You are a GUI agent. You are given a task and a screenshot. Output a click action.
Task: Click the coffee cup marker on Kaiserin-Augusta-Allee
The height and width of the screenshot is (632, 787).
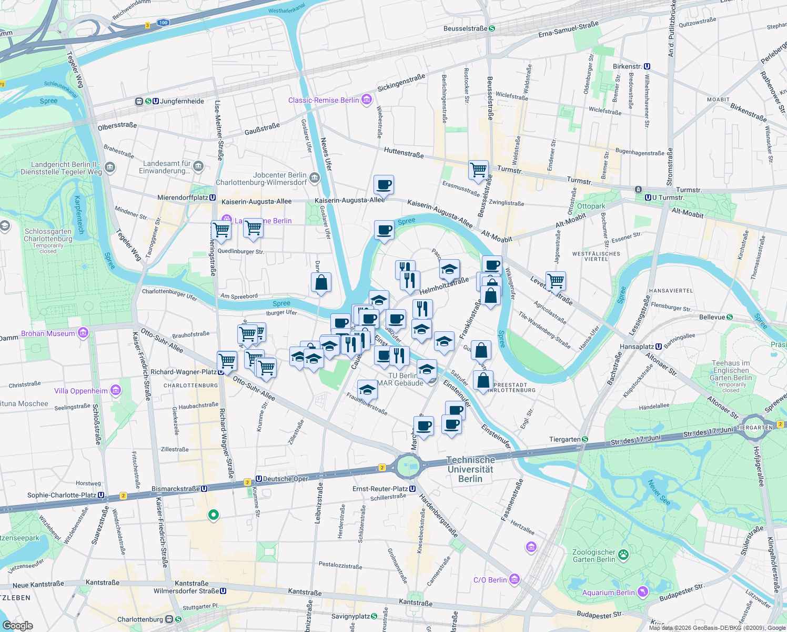[x=384, y=185]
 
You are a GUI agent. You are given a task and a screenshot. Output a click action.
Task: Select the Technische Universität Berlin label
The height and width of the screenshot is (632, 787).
[x=470, y=469]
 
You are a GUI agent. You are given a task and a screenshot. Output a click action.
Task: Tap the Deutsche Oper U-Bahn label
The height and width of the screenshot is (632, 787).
[x=282, y=479]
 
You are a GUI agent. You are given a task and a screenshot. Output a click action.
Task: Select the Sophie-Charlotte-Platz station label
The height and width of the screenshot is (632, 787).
[x=66, y=495]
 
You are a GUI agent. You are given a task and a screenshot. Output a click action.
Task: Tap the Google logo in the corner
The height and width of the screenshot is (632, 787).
[x=17, y=625]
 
